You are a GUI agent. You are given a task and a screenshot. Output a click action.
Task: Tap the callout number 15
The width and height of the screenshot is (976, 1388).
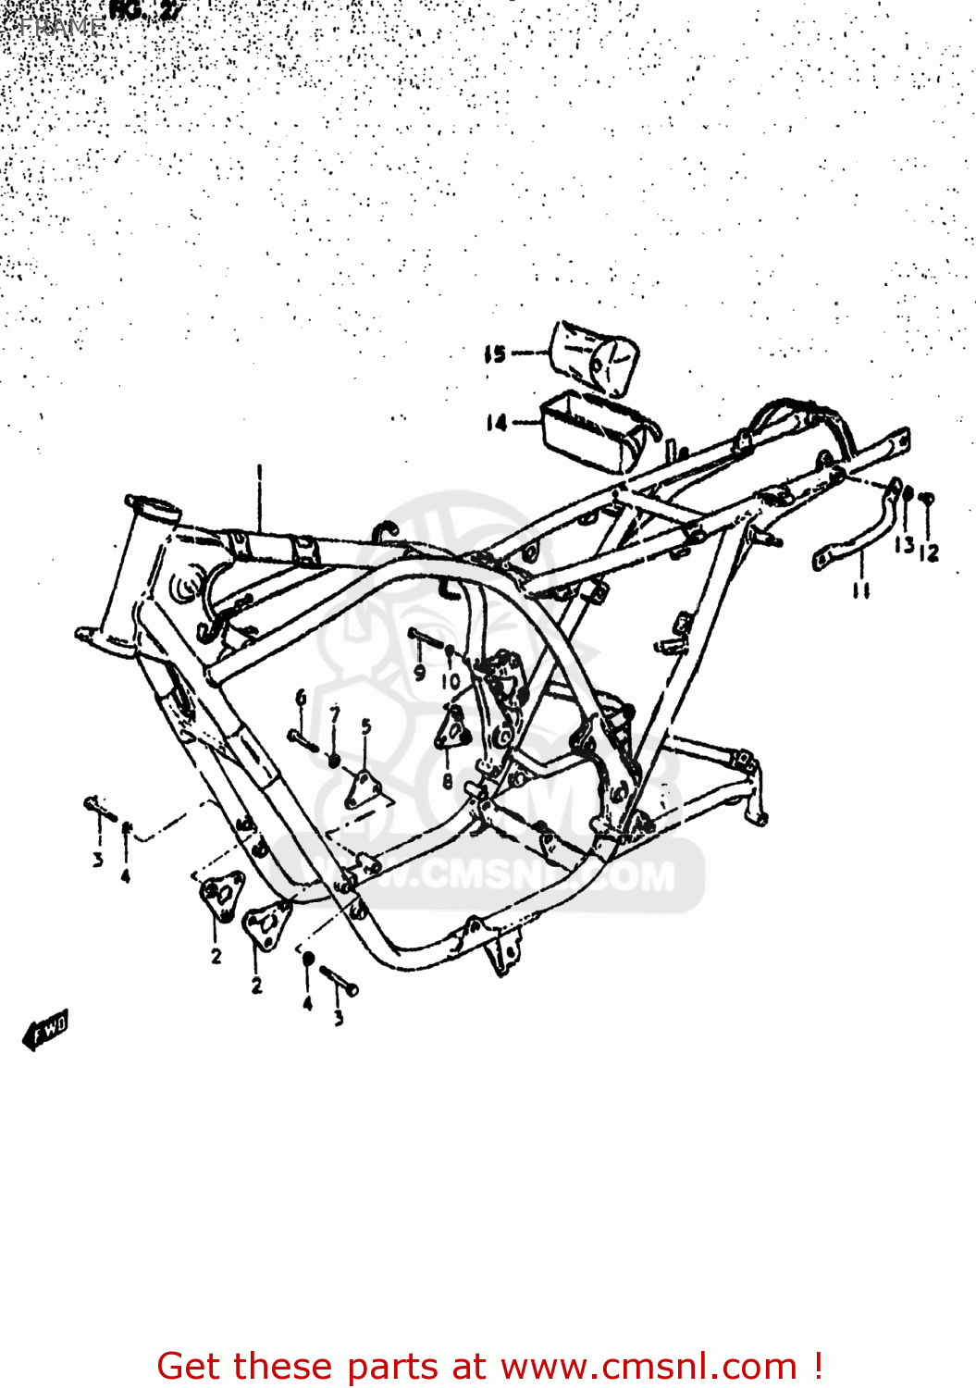click(495, 353)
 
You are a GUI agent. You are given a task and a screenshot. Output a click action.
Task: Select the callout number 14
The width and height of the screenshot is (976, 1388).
click(497, 423)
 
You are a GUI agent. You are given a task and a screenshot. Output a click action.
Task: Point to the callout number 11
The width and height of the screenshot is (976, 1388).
click(861, 589)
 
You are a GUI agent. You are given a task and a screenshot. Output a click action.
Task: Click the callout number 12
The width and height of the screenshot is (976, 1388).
click(930, 552)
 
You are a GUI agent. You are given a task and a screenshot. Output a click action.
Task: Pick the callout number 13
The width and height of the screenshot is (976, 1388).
click(904, 544)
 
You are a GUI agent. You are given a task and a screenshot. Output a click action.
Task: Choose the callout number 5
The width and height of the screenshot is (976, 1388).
click(366, 726)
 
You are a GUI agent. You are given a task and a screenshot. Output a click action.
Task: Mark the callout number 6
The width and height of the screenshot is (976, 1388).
click(301, 698)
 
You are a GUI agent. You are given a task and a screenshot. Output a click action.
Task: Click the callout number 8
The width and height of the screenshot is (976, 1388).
click(447, 781)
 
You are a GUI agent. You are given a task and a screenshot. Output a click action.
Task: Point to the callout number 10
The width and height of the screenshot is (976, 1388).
click(451, 682)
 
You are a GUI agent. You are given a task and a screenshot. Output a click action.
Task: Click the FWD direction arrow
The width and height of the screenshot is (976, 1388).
click(46, 1030)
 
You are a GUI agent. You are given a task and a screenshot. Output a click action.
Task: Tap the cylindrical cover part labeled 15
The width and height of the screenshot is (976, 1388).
click(597, 358)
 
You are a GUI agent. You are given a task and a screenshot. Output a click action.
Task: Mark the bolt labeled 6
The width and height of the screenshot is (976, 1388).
click(303, 740)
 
